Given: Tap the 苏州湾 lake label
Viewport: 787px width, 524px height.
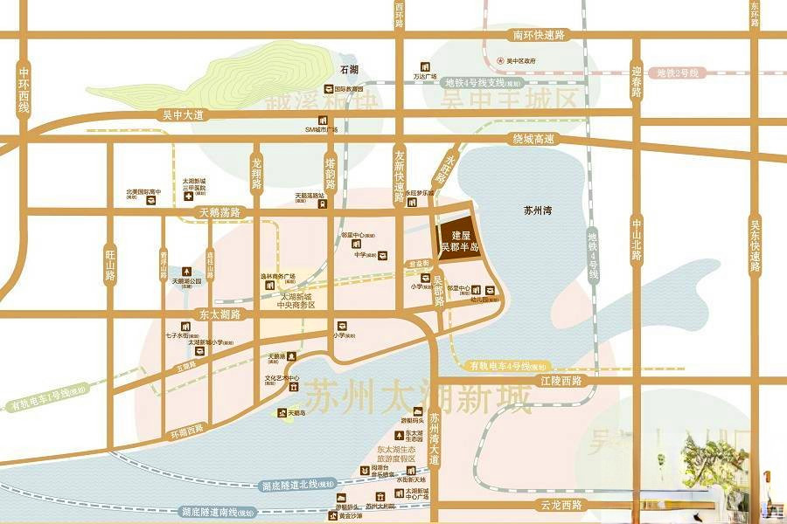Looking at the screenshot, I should (x=540, y=211).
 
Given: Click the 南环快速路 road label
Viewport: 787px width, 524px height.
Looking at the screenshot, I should (x=538, y=35).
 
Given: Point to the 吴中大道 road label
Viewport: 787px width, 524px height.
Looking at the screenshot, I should (x=183, y=114).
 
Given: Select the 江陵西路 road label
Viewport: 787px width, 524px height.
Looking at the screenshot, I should (x=561, y=381).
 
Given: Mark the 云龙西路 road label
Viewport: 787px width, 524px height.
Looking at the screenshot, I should (x=561, y=506).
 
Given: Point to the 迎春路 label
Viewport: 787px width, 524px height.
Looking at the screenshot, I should (x=637, y=80).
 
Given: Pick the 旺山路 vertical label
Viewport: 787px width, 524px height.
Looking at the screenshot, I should (x=110, y=262).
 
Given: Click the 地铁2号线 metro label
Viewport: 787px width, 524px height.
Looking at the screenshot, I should (x=678, y=72).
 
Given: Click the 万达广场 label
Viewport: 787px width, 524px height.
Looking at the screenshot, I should (x=425, y=76).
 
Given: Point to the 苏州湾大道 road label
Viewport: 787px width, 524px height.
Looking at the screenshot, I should (x=435, y=439).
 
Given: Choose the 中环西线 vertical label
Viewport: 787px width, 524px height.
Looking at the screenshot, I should (x=24, y=90).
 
